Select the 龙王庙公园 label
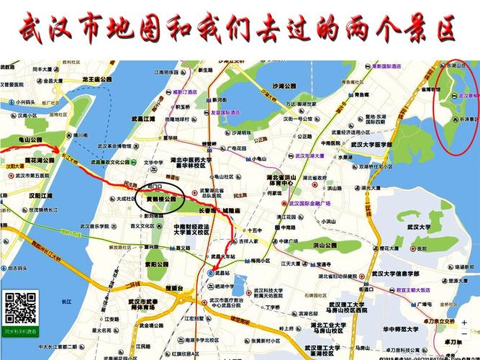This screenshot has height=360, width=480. (97, 79)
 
